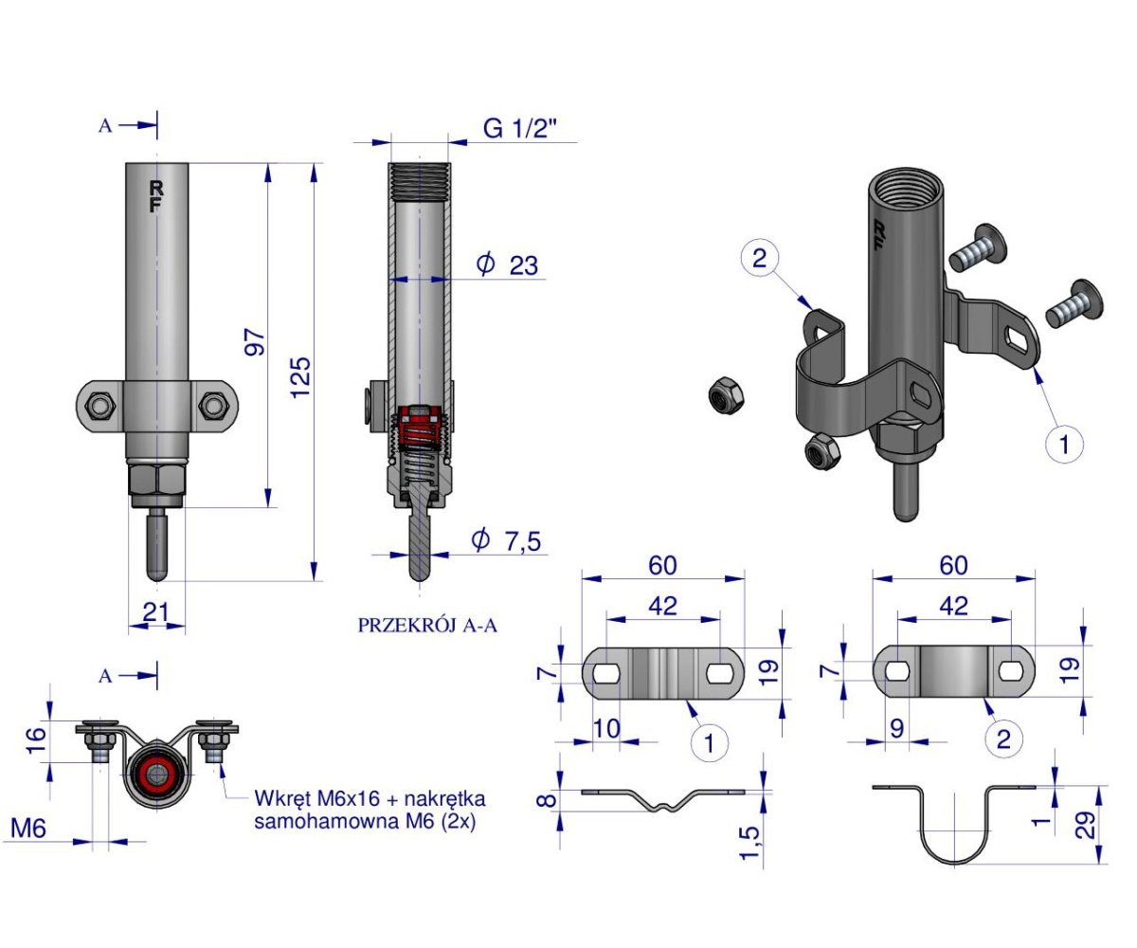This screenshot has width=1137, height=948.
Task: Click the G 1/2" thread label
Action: coord(520,129)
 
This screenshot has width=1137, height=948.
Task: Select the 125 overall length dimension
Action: coord(300,377)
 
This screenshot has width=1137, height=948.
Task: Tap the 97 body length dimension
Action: coord(254,342)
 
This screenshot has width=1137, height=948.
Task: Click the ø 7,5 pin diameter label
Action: coord(506,540)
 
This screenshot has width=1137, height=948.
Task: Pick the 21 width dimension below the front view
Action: coord(155,612)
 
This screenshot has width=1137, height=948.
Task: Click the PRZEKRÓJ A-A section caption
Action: coord(427,626)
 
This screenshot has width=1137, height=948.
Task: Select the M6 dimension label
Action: coord(28,829)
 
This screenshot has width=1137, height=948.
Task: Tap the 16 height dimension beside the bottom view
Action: coord(36,741)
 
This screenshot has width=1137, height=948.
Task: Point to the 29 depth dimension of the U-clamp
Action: coord(1085,825)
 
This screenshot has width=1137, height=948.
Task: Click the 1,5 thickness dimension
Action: coord(749,843)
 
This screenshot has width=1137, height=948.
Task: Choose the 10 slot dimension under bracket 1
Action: coord(606,728)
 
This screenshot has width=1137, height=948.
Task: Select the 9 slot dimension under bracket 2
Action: coord(897,728)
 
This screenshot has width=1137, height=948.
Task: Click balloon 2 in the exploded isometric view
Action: coord(759,257)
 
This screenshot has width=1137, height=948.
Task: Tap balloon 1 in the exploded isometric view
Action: coord(1064,444)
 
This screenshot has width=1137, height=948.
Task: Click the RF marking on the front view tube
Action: coord(155,196)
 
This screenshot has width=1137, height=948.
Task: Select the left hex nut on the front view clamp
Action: coord(100,406)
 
